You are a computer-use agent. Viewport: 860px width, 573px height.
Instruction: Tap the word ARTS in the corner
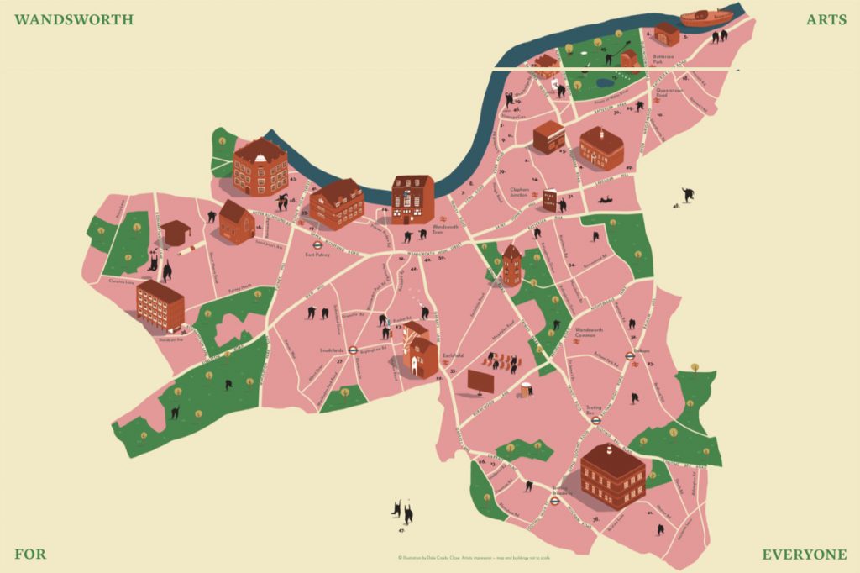826,18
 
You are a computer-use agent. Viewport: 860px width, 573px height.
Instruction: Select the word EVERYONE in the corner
804,555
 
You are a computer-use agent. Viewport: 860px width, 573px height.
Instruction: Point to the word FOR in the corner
30,555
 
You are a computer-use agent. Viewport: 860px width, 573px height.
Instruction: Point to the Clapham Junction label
520,192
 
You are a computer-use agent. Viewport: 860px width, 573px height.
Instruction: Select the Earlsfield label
454,356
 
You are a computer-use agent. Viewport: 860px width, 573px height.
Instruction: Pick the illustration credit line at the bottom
480,556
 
